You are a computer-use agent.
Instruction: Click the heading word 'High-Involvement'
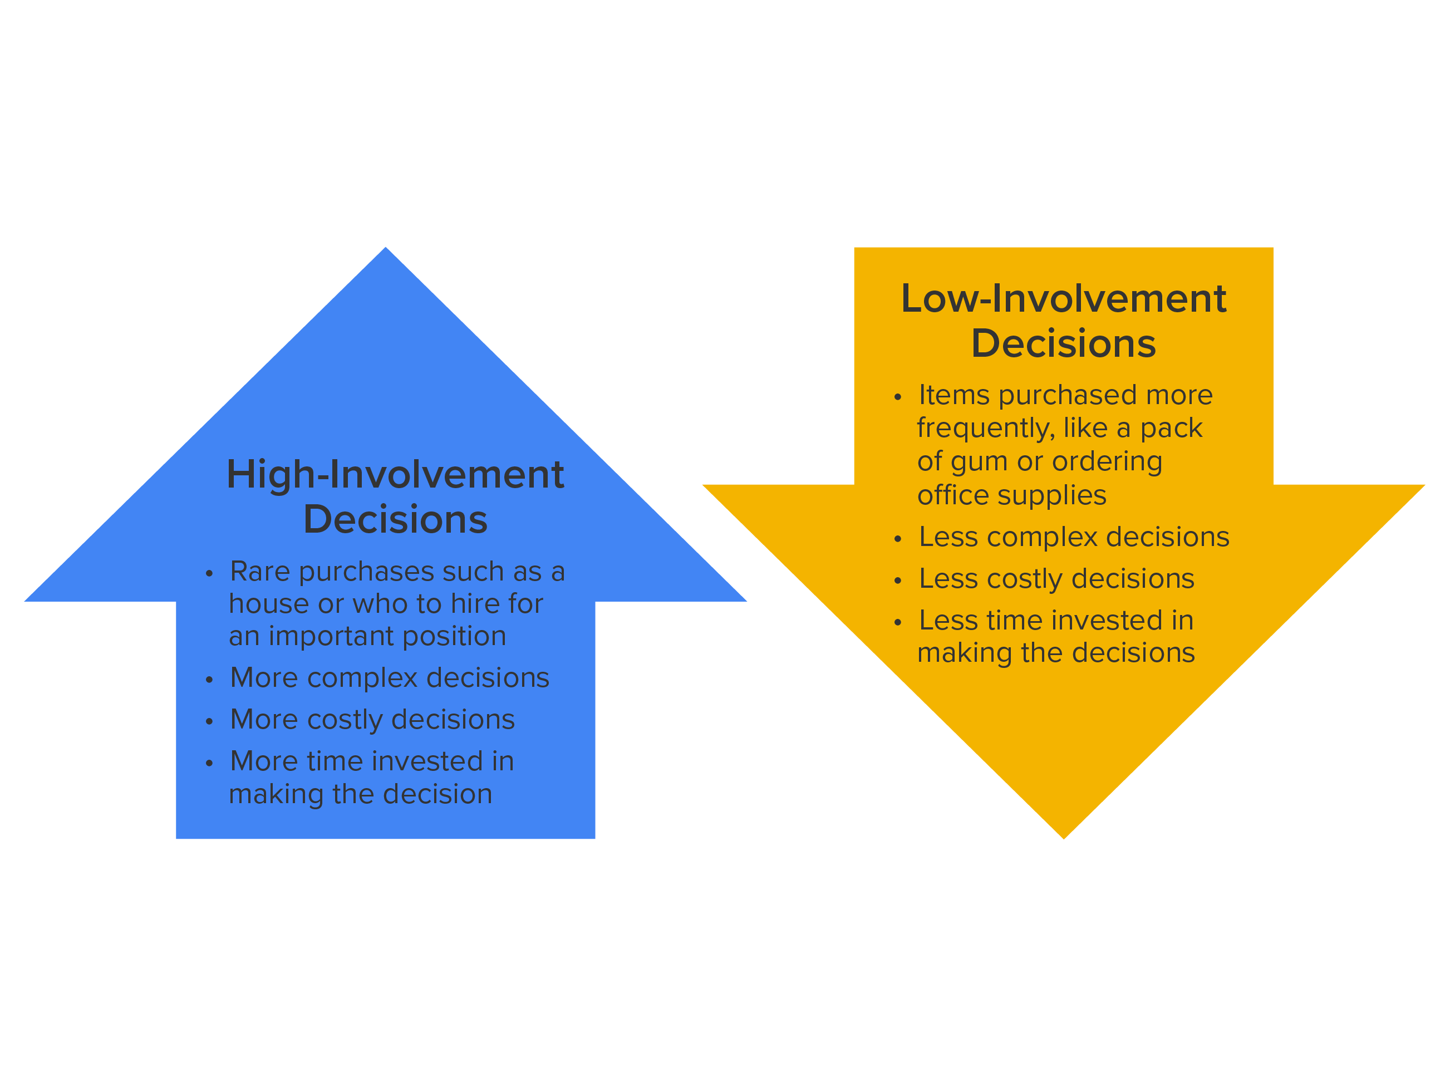point(395,475)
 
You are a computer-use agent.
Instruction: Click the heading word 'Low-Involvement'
point(1063,299)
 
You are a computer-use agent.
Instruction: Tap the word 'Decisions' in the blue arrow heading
point(395,520)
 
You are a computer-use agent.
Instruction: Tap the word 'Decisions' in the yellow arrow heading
point(1063,344)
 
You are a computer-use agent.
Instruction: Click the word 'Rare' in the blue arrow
point(259,572)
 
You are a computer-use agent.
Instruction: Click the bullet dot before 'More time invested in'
point(209,763)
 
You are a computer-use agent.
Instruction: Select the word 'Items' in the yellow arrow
point(954,395)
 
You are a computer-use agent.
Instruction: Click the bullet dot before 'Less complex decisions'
point(898,539)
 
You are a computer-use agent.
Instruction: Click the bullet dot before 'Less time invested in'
point(898,622)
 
